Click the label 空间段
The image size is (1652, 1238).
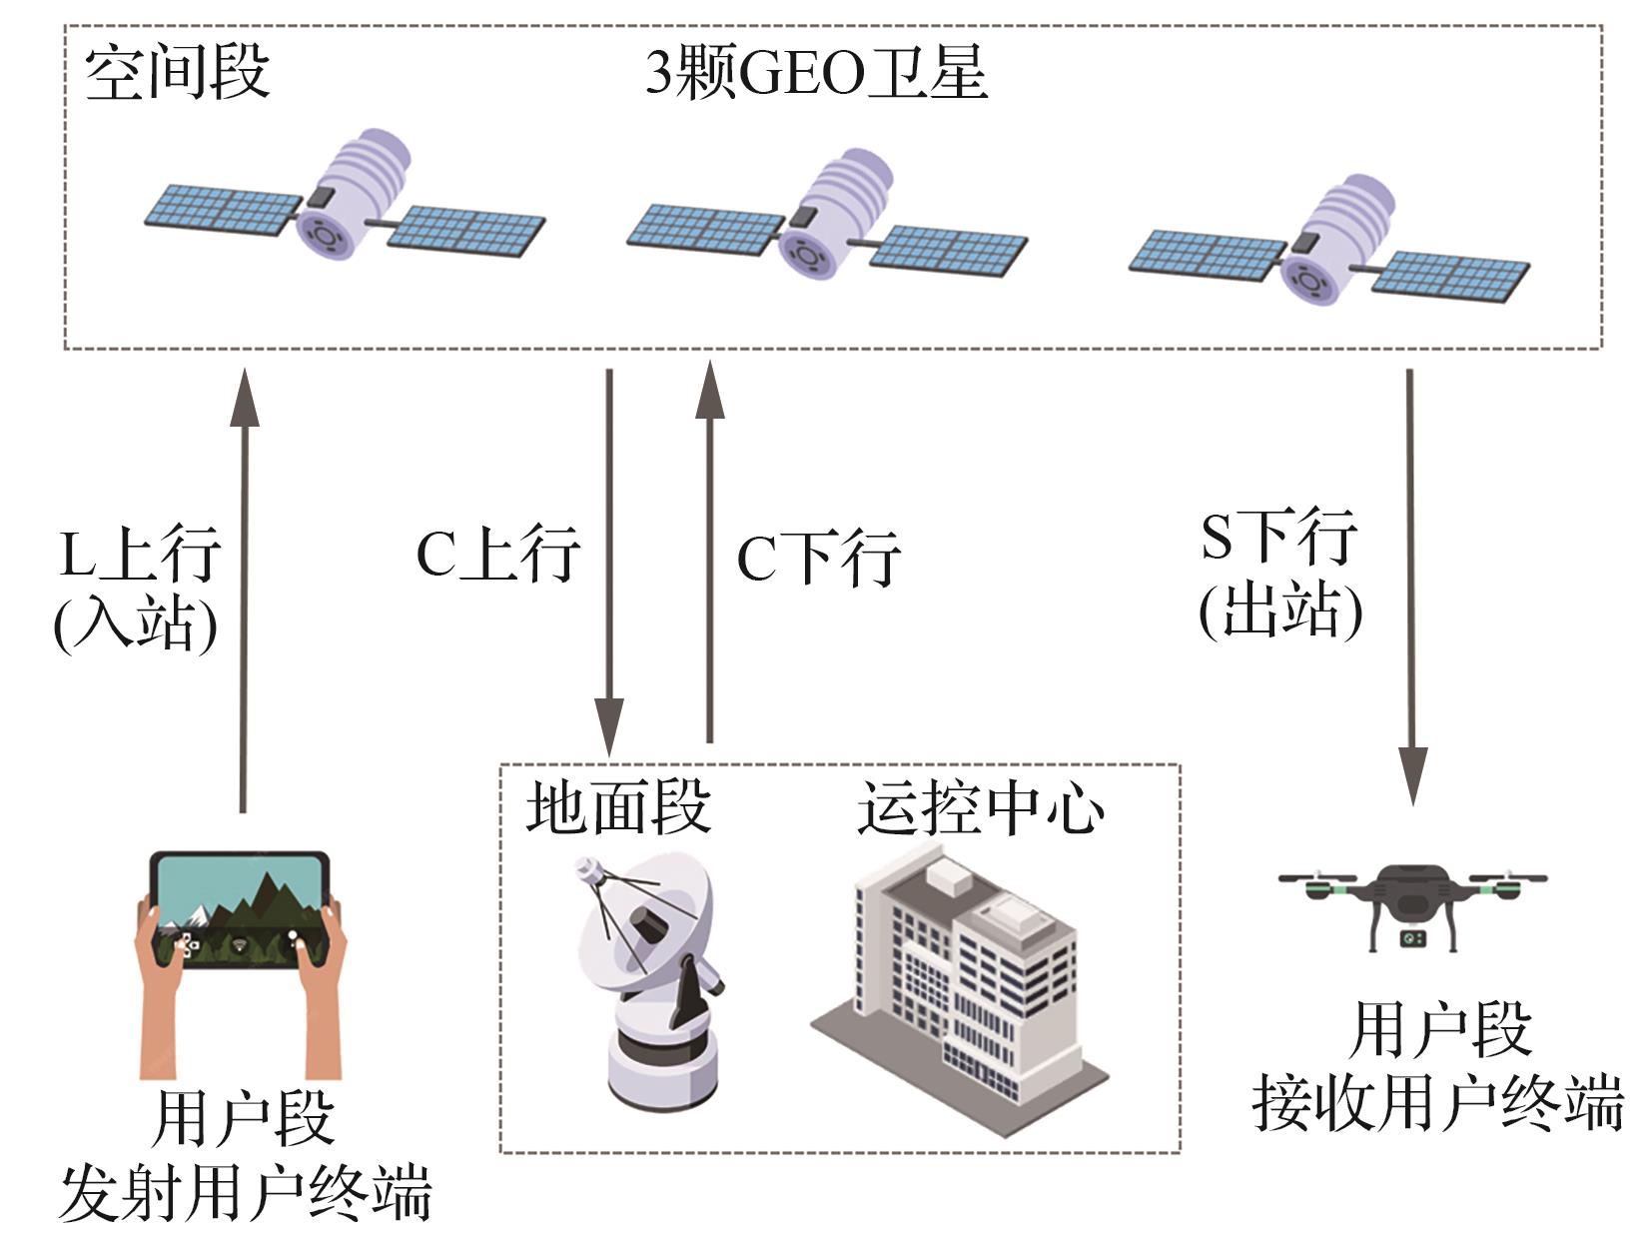click(177, 73)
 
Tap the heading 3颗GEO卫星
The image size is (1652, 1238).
click(817, 73)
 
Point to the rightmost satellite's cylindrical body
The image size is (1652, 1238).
click(1338, 240)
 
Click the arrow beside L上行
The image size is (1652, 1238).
click(244, 591)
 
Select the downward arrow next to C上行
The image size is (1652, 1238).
click(609, 563)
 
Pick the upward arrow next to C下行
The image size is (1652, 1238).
click(710, 551)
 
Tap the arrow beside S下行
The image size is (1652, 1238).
click(1411, 587)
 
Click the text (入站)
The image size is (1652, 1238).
click(136, 623)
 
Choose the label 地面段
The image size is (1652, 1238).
click(618, 807)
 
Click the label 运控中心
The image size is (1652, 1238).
click(981, 807)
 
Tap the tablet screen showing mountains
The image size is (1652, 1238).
click(240, 910)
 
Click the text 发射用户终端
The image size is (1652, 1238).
click(246, 1194)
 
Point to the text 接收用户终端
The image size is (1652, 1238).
click(1438, 1104)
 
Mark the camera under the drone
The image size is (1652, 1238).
click(1412, 938)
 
